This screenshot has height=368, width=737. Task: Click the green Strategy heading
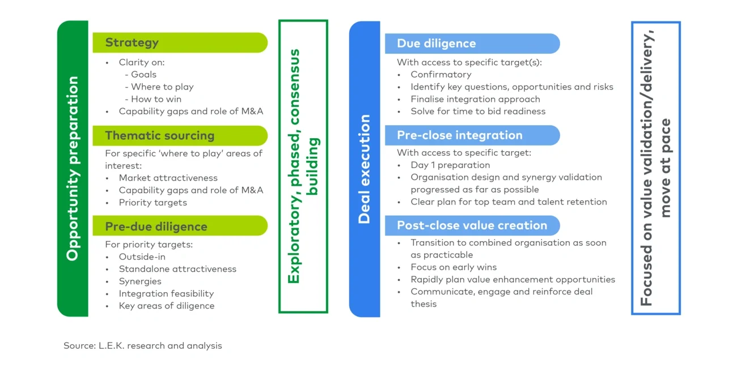tap(132, 42)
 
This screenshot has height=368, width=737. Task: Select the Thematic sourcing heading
tap(160, 136)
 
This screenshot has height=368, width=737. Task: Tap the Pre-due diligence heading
tap(156, 226)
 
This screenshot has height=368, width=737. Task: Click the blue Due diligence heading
tap(436, 44)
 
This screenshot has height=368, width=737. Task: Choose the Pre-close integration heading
tap(459, 135)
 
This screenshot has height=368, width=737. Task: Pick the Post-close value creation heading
tap(472, 225)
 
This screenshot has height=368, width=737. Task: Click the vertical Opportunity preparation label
tap(73, 169)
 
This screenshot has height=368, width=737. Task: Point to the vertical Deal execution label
tap(364, 169)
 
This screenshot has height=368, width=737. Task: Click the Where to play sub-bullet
tap(162, 87)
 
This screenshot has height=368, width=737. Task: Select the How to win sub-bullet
tap(156, 99)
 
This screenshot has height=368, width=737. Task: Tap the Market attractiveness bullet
tap(168, 178)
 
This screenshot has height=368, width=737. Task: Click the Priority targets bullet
tap(153, 203)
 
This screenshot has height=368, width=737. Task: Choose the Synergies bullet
tap(140, 281)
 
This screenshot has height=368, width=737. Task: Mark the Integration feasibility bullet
tap(166, 294)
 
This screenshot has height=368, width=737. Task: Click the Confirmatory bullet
tap(441, 74)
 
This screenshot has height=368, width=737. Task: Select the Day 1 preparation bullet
tap(450, 165)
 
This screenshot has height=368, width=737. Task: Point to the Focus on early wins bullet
tap(454, 267)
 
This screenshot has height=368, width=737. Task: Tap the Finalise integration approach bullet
tap(475, 99)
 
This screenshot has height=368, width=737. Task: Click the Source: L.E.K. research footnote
tap(143, 345)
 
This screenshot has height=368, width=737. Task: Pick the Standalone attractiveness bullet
tap(177, 269)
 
